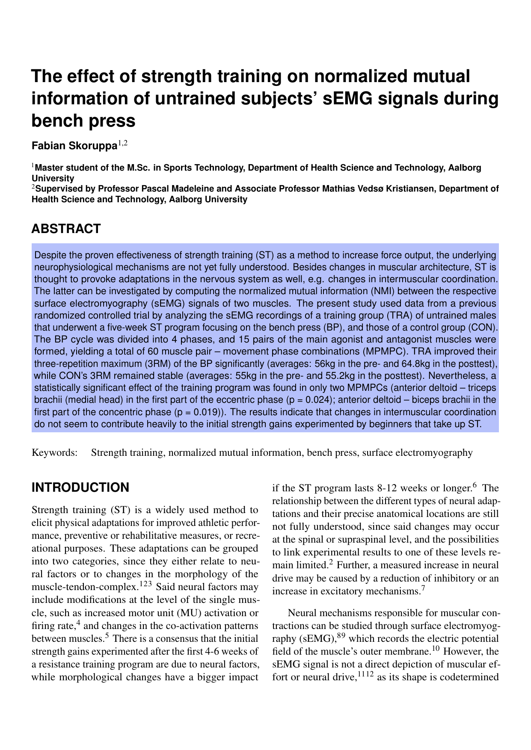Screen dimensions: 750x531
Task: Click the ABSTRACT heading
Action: coord(66,229)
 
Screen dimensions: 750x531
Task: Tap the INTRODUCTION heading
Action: coord(80,487)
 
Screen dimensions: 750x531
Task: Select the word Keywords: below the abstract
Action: coord(54,453)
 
